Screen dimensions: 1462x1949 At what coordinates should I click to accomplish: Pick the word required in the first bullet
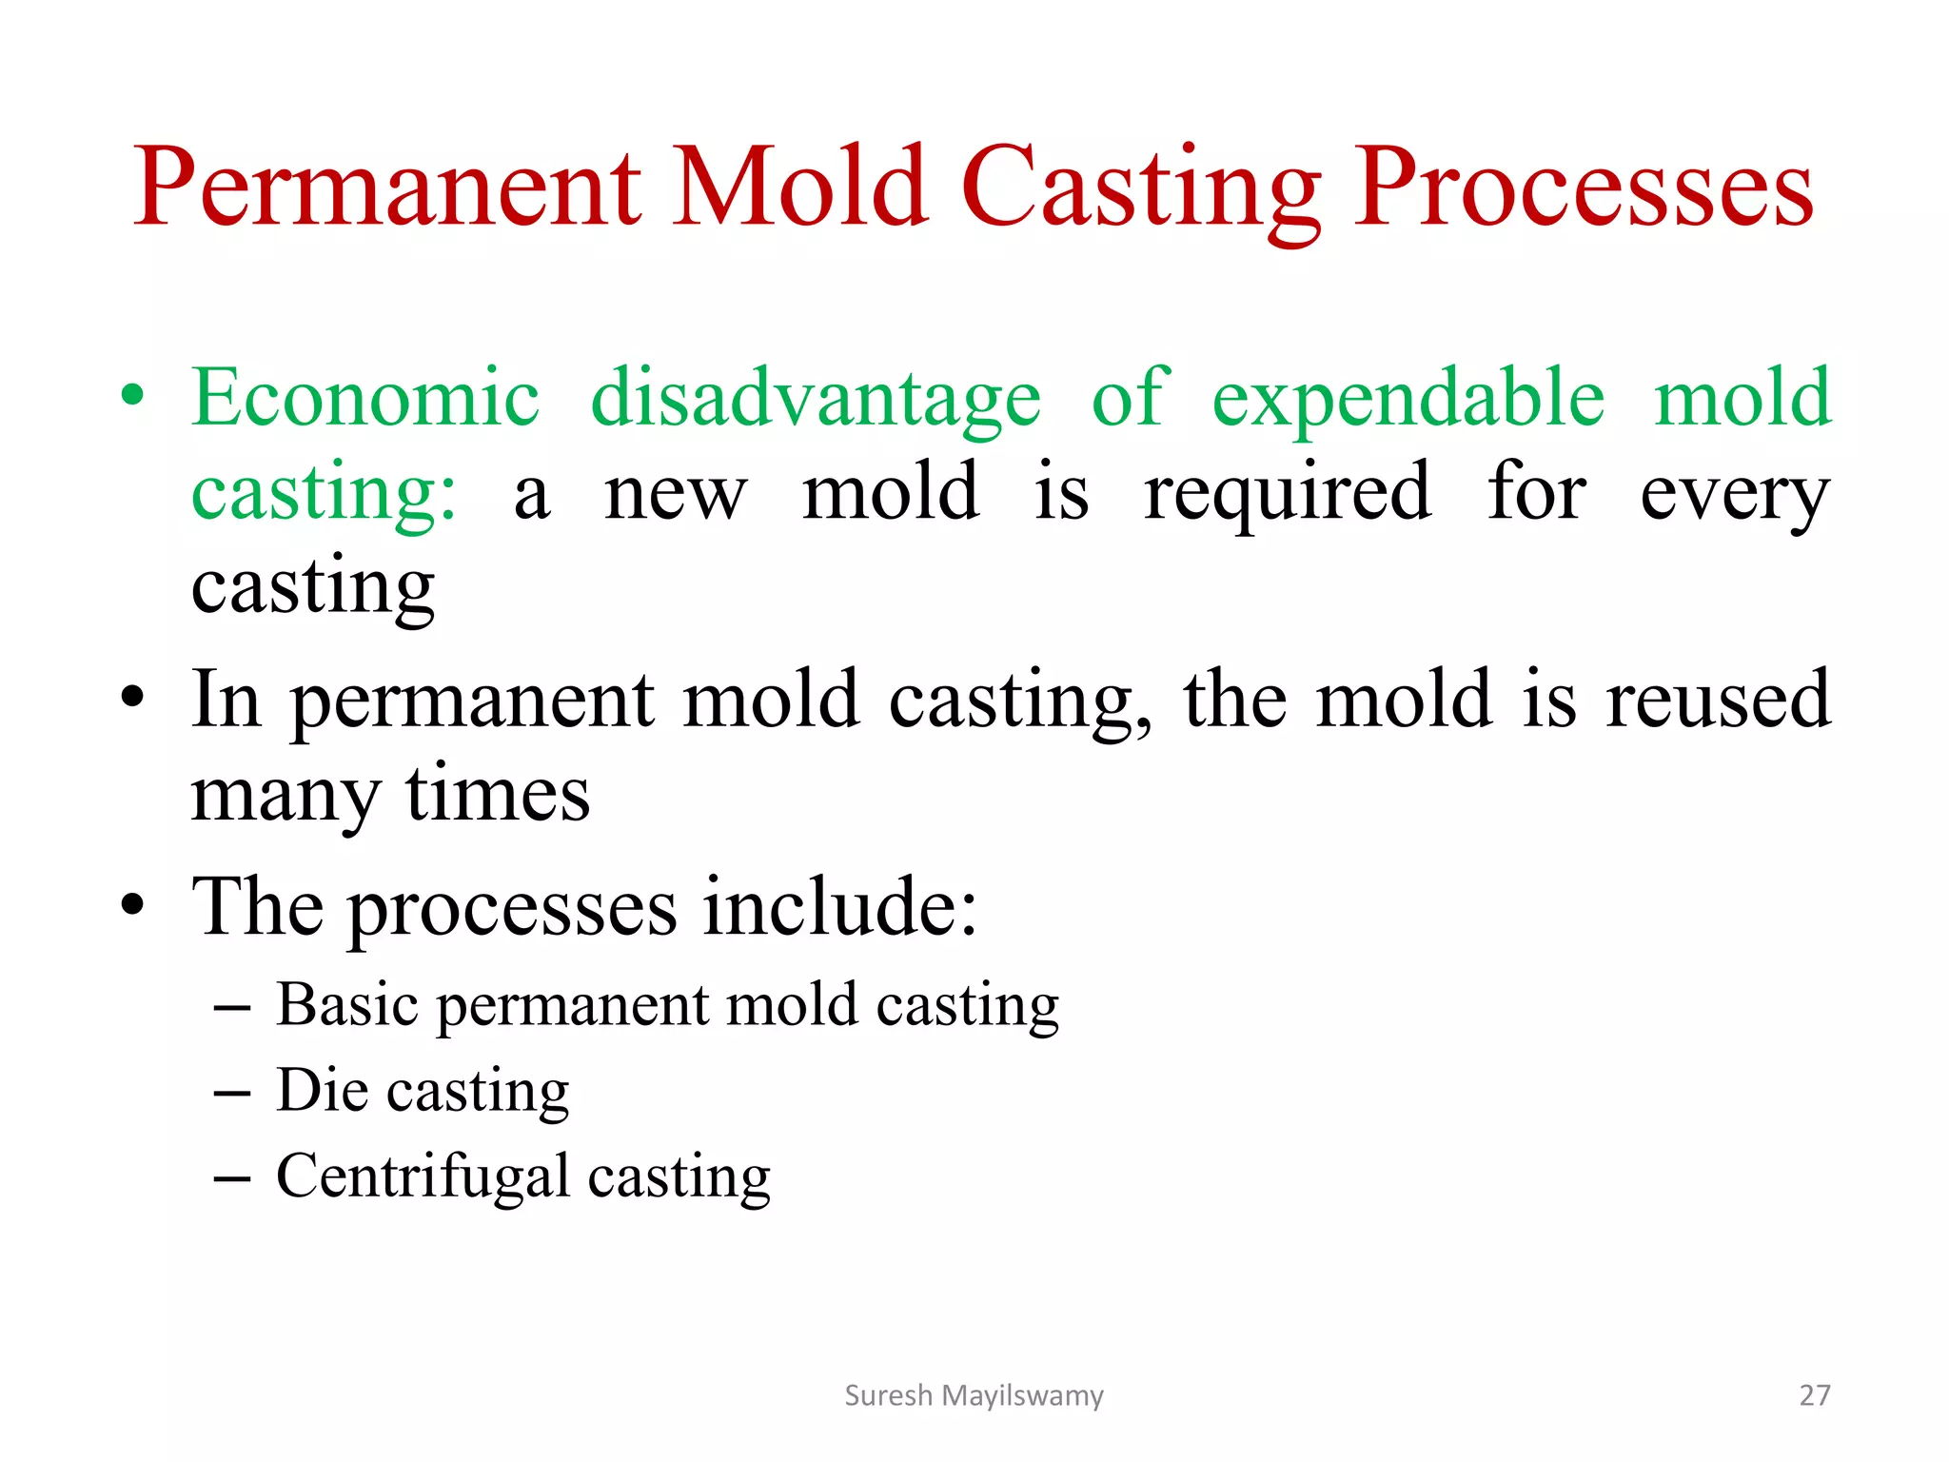[1287, 493]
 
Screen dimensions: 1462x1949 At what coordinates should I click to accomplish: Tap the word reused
[1718, 700]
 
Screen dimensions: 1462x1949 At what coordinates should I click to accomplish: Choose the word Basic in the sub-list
[347, 1004]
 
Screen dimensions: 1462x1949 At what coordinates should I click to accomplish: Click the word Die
[322, 1090]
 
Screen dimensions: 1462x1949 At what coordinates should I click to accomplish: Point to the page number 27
[1814, 1395]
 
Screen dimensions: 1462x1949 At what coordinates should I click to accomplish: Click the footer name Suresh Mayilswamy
[974, 1395]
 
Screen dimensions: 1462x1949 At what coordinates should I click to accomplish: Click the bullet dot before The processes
[133, 905]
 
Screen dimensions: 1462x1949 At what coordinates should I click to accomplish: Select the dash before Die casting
[232, 1094]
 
